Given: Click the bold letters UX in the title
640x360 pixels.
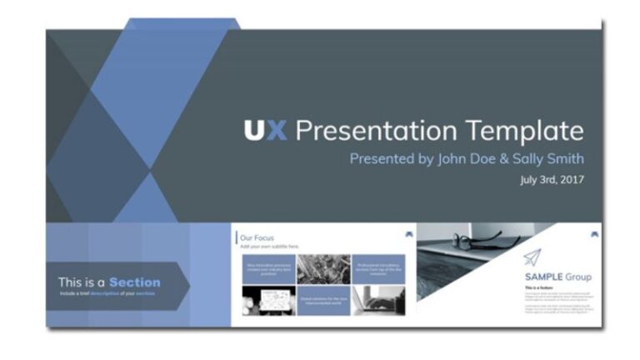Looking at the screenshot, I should (265, 131).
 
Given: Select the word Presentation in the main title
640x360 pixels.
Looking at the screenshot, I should (376, 131).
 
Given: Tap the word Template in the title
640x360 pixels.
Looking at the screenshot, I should (524, 131).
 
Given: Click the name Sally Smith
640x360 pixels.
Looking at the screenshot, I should (551, 158).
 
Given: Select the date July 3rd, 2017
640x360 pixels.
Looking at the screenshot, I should (551, 179).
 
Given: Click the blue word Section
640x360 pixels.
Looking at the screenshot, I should (134, 282).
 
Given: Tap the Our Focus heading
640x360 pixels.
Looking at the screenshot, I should (257, 238).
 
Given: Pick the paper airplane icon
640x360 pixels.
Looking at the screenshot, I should (532, 257).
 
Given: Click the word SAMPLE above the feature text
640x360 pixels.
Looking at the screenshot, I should (545, 277).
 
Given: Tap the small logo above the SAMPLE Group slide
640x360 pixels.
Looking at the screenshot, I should (593, 234).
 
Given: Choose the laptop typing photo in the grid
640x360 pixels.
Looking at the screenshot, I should (378, 300).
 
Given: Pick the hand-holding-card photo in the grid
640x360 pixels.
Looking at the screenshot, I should (268, 300).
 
